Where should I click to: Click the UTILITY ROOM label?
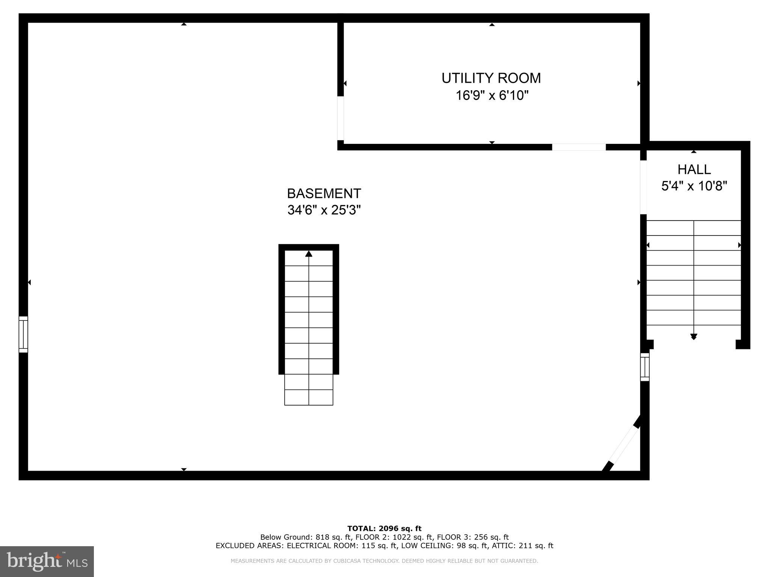(491, 78)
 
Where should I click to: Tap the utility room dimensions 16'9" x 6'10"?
(492, 95)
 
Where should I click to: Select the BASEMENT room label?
(324, 193)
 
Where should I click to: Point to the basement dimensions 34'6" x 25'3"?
(324, 210)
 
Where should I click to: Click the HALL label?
(694, 169)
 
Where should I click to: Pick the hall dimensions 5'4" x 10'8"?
(694, 186)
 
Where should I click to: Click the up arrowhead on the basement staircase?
(309, 254)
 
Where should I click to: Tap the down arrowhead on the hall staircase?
(694, 337)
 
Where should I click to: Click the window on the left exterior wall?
(23, 334)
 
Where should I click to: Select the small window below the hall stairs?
(645, 367)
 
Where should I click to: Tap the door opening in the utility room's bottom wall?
(579, 147)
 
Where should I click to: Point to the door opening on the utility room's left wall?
(341, 118)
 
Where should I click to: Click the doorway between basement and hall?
(643, 187)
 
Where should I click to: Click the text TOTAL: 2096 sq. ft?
(384, 529)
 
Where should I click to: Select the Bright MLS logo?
(47, 561)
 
